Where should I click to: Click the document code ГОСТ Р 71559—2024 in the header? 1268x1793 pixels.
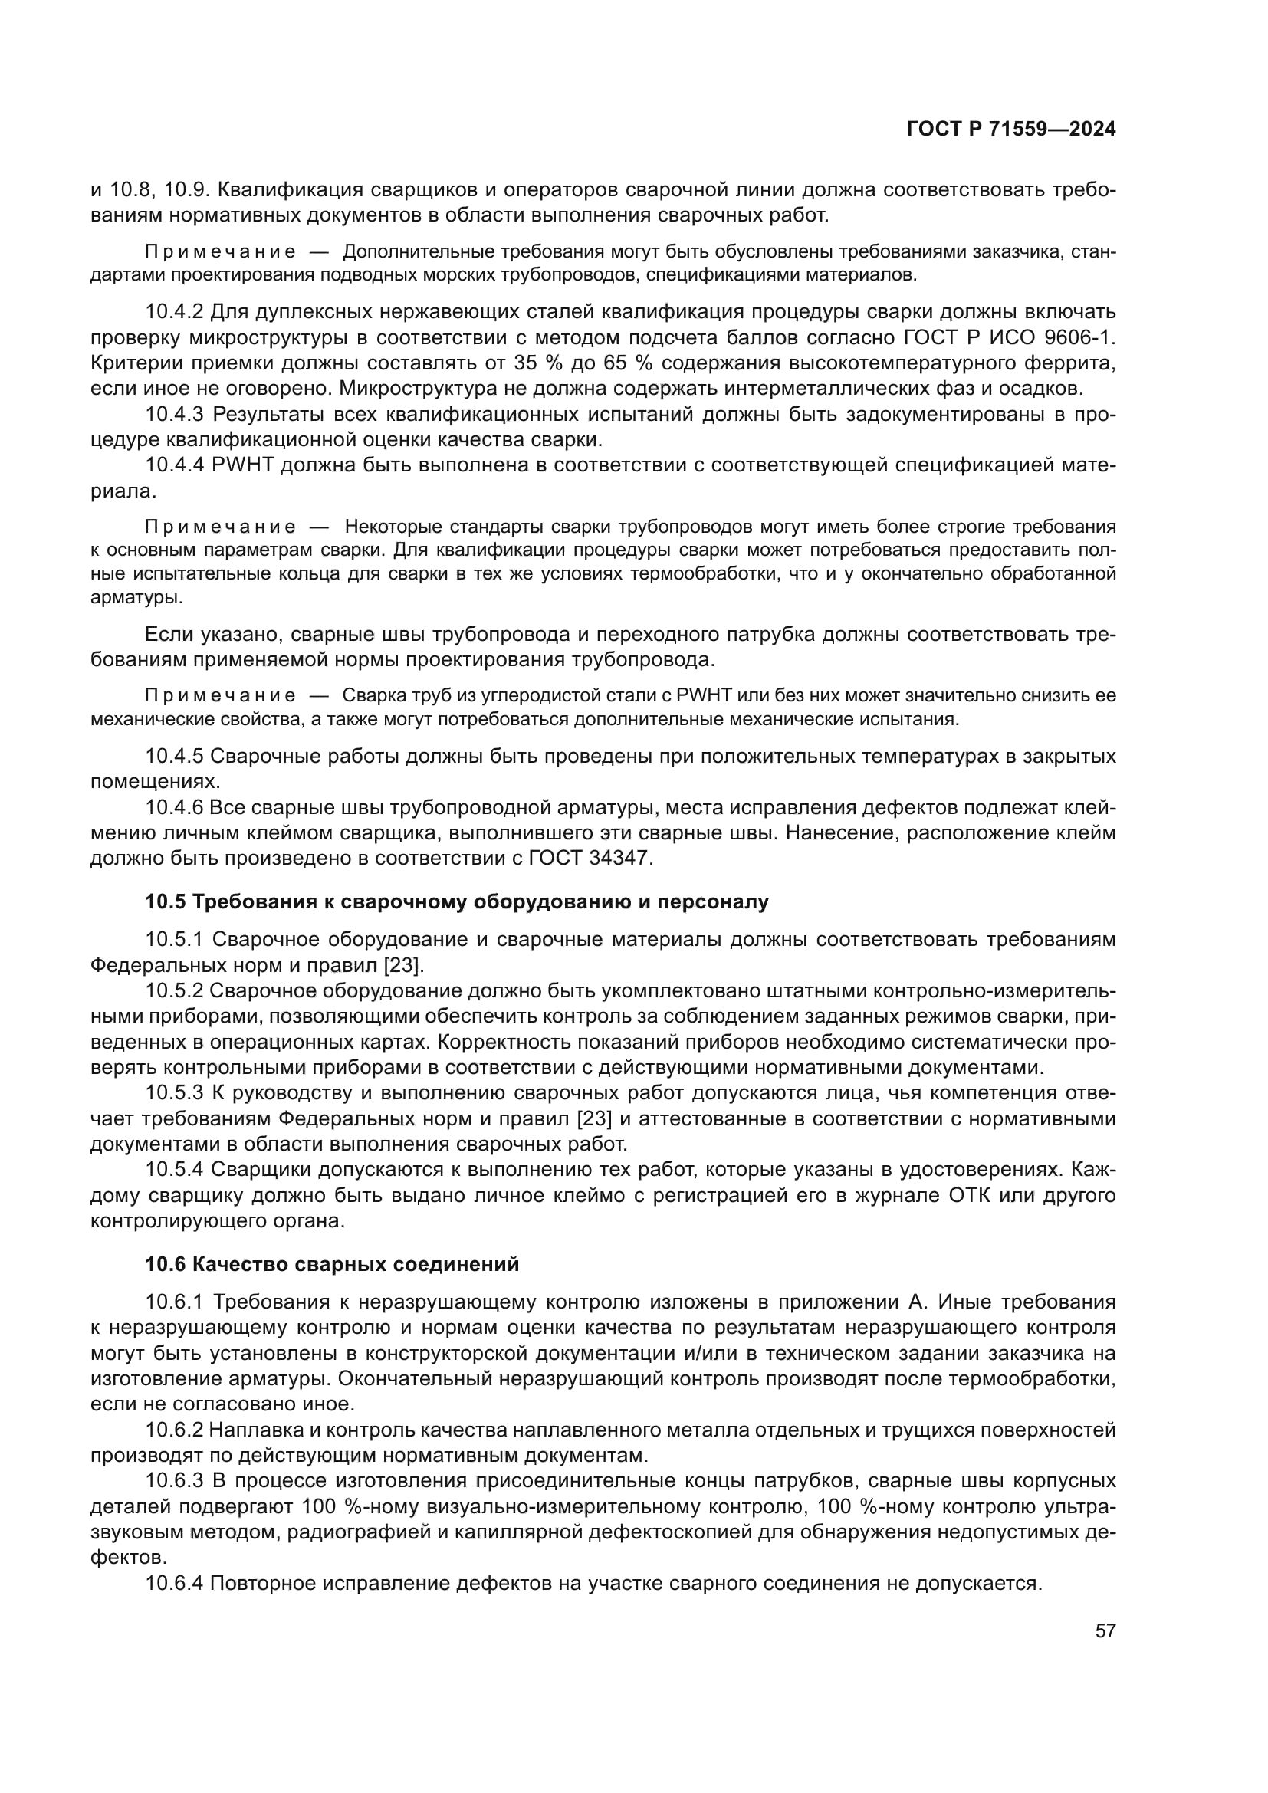[1011, 130]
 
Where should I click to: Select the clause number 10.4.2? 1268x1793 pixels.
[174, 311]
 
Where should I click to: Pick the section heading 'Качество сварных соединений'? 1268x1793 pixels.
[355, 1264]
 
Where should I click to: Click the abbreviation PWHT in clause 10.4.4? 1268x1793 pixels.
[241, 465]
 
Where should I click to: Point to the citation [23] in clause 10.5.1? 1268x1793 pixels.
[403, 965]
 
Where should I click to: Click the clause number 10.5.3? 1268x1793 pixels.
[174, 1093]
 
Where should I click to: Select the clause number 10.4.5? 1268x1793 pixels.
[174, 756]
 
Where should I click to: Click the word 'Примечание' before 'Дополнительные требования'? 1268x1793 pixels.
[221, 251]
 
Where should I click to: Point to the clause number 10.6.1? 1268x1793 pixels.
[174, 1302]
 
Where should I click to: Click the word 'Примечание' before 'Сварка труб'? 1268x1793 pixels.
[221, 695]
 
